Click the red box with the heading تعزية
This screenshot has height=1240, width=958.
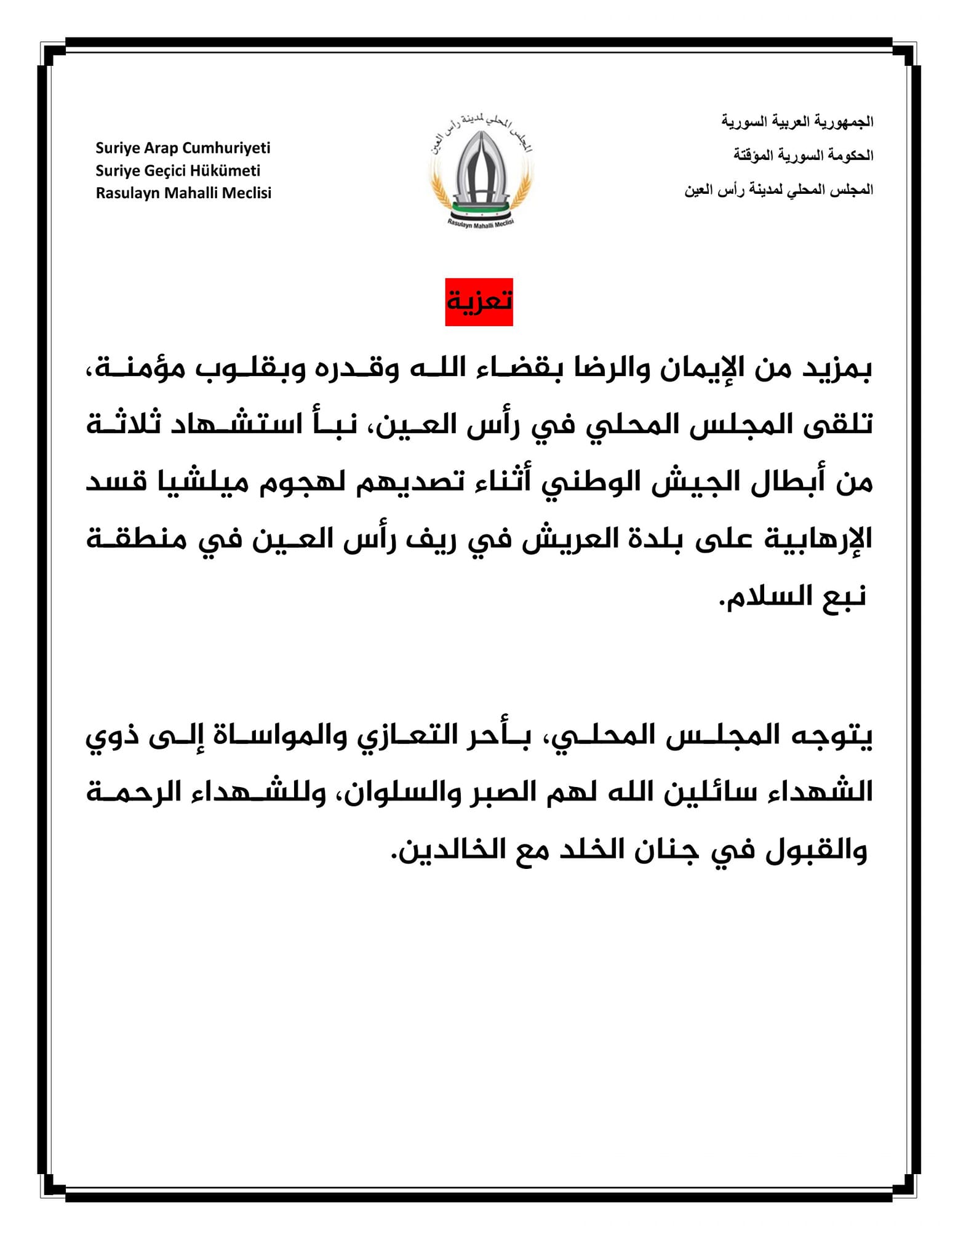(x=479, y=302)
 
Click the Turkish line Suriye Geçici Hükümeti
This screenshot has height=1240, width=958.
(x=178, y=170)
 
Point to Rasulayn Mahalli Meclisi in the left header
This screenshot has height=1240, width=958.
(x=183, y=193)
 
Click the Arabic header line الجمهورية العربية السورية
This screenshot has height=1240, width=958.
(x=797, y=121)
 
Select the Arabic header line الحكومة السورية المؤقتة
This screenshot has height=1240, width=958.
(x=803, y=155)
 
